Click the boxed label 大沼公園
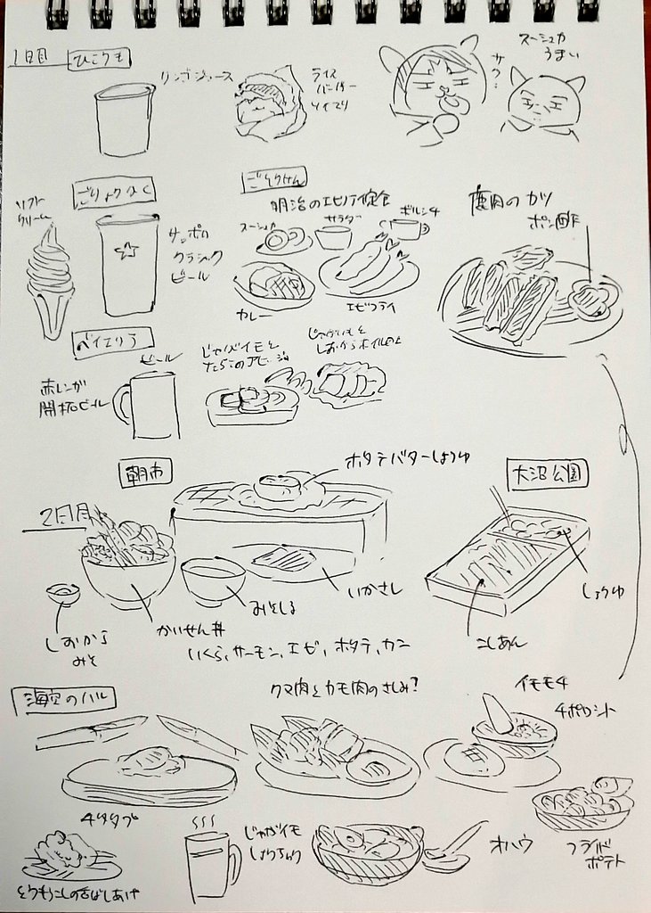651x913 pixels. (x=545, y=473)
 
